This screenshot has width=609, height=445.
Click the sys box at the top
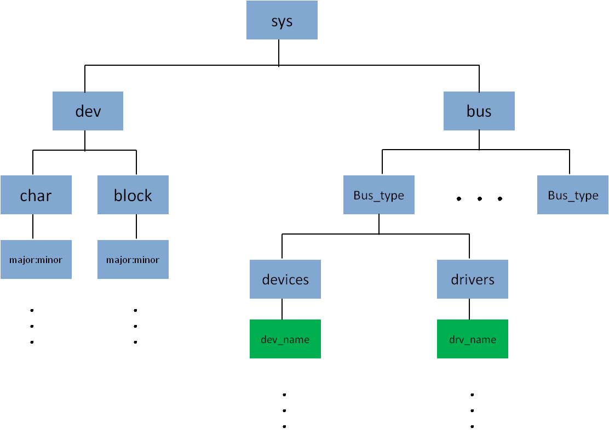pos(281,20)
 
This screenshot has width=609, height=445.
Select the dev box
pos(88,111)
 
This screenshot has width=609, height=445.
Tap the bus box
pos(479,111)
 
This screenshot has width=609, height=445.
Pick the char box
pos(36,195)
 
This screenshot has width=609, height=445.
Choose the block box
pos(133,195)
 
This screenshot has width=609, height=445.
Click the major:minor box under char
pos(36,259)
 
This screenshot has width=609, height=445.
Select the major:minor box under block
pos(133,259)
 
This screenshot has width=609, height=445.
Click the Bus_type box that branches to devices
pos(379,195)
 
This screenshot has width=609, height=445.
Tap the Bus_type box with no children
pos(573,195)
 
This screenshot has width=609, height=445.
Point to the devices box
pos(285,279)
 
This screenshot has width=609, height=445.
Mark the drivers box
pos(473,279)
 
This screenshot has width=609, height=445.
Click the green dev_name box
pos(285,339)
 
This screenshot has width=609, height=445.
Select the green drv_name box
pos(473,339)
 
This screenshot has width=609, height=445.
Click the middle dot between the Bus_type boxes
pos(479,199)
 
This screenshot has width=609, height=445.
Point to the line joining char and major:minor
pos(33,227)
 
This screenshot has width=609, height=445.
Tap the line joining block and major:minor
pos(136,227)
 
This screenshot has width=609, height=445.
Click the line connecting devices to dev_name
pos(282,309)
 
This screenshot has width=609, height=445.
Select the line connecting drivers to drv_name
pos(469,309)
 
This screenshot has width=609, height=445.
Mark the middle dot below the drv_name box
pos(472,410)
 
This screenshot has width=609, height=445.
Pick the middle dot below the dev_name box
pos(285,410)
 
